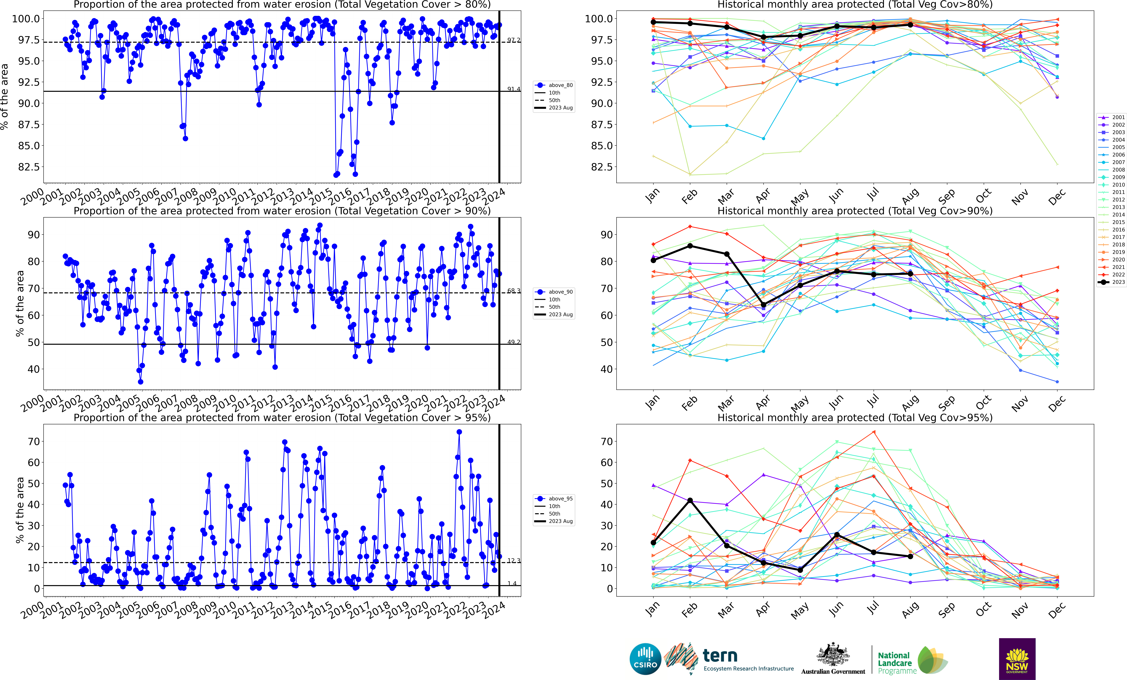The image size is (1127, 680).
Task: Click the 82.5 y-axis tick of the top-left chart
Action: pyautogui.click(x=28, y=167)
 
